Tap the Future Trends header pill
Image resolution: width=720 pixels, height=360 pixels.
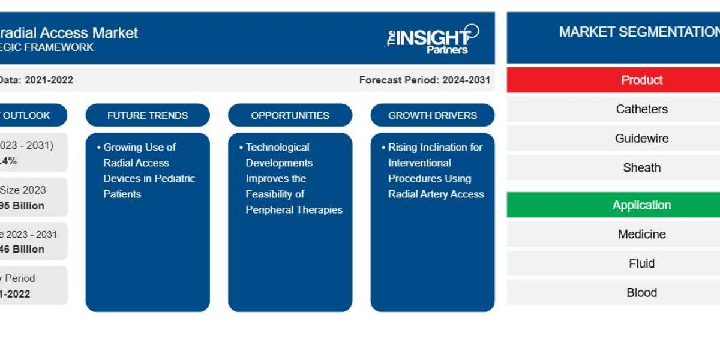tap(148, 115)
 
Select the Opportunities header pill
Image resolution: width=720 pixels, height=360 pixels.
tap(290, 115)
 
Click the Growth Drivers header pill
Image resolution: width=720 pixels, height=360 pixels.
tap(432, 115)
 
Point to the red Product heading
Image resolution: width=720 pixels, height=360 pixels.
tap(641, 80)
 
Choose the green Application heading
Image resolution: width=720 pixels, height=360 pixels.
tap(641, 205)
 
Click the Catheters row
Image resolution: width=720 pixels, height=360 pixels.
tap(641, 109)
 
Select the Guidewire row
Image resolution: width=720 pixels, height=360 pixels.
tap(641, 139)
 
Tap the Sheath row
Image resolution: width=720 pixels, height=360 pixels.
tap(641, 168)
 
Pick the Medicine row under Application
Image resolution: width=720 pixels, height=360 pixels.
tap(641, 234)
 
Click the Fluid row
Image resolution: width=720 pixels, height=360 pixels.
tap(641, 263)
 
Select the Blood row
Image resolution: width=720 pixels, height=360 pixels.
tap(641, 293)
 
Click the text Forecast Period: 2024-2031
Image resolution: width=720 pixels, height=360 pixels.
tap(424, 80)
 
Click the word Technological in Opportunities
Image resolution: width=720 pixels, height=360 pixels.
tap(277, 147)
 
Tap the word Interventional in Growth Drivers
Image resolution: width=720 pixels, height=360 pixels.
tap(419, 163)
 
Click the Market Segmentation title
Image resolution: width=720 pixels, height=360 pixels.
tap(639, 32)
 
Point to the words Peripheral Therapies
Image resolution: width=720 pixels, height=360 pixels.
tap(294, 209)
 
